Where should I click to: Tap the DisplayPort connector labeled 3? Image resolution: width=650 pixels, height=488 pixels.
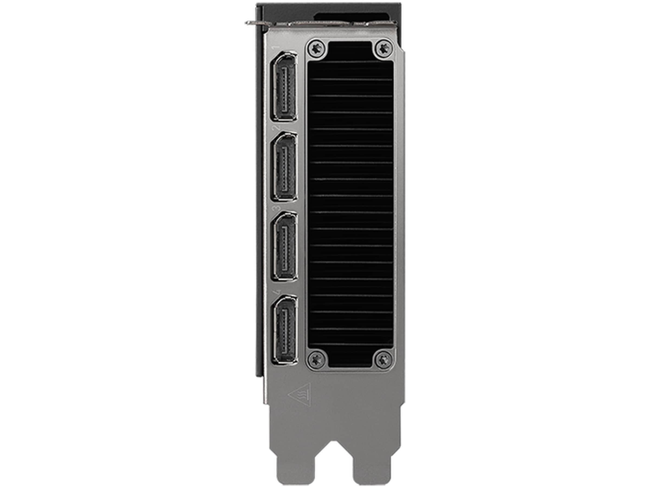pyautogui.click(x=284, y=246)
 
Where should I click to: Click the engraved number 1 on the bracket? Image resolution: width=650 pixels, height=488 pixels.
pyautogui.click(x=276, y=47)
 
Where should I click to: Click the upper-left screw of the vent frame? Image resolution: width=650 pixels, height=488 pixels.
pyautogui.click(x=317, y=48)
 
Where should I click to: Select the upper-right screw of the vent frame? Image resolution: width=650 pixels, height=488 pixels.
pyautogui.click(x=384, y=48)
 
